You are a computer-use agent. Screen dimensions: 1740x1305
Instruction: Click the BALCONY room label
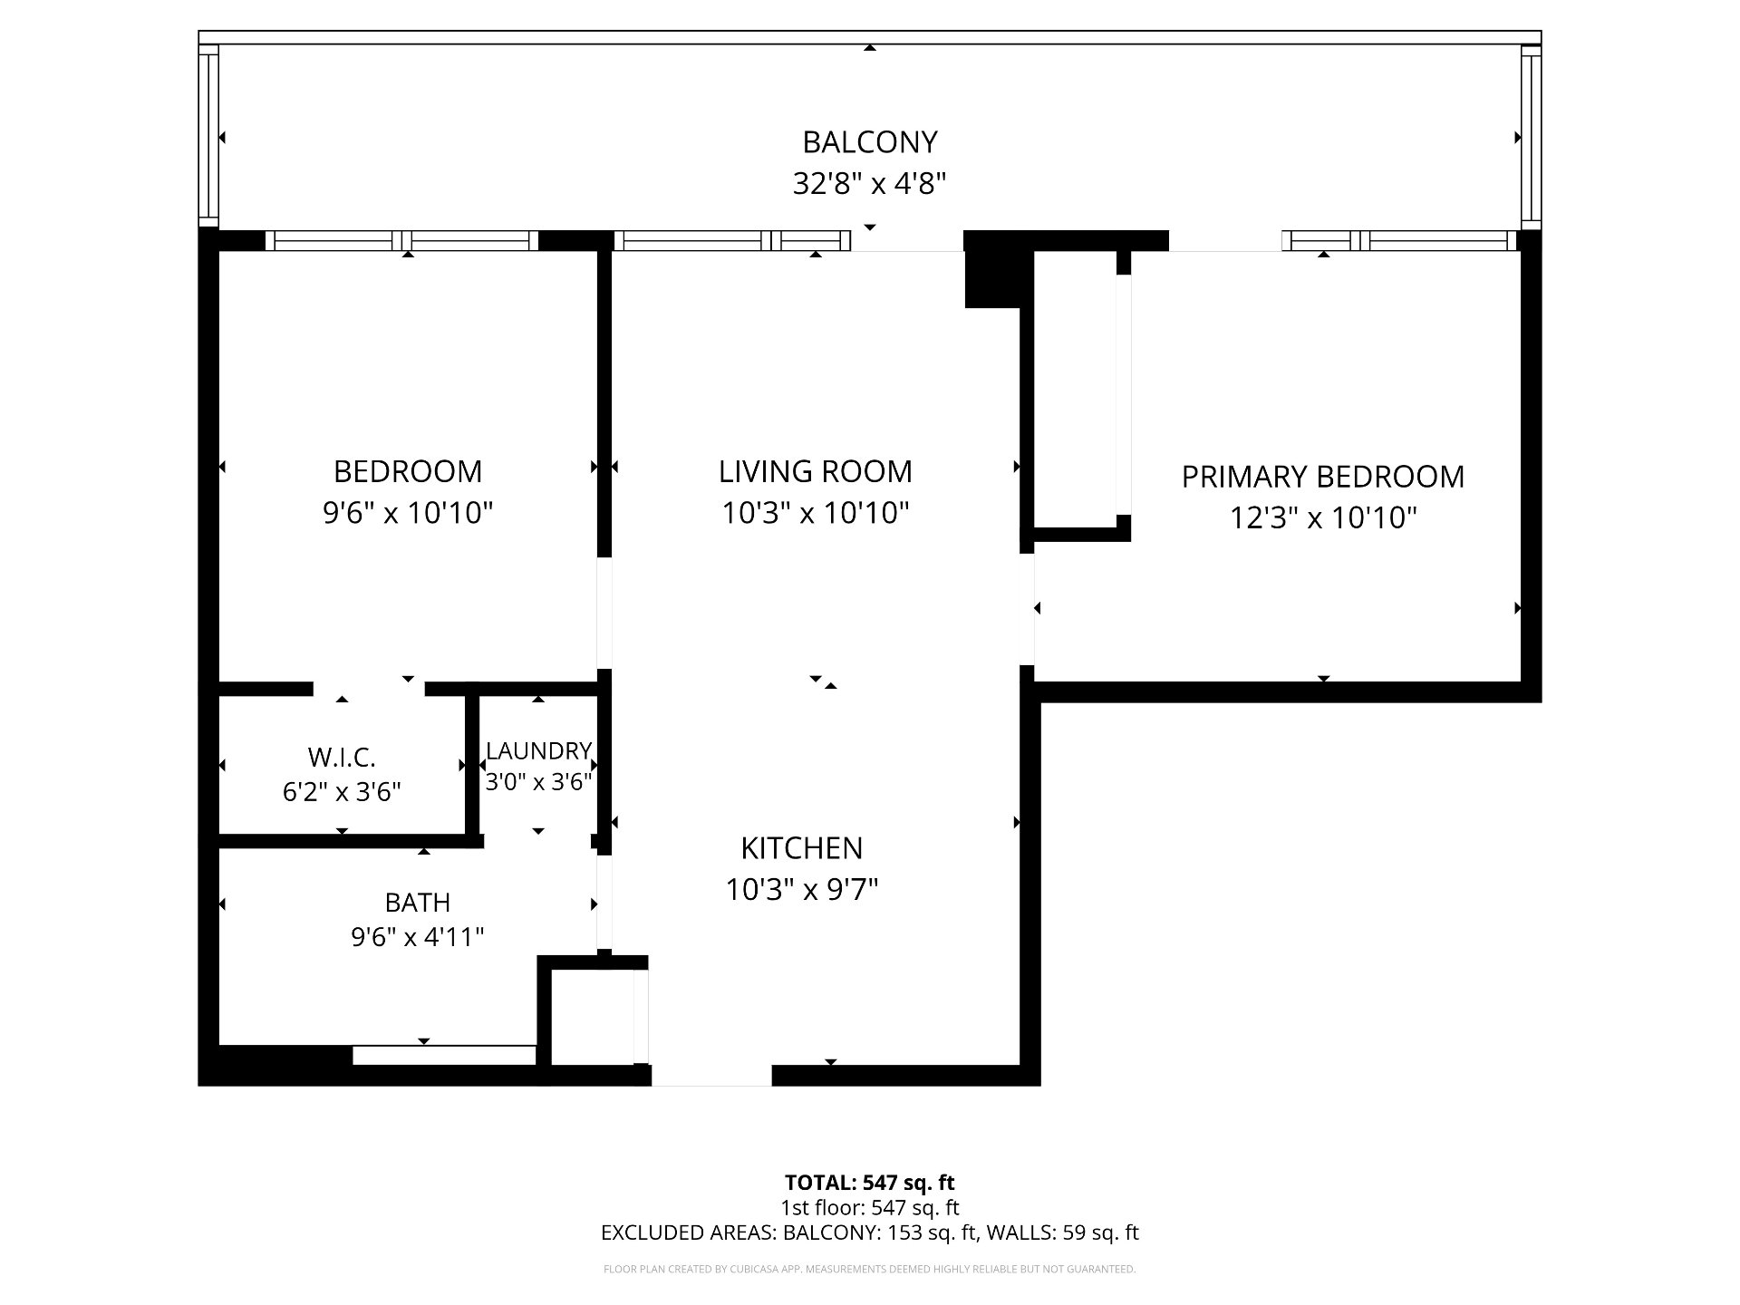click(869, 142)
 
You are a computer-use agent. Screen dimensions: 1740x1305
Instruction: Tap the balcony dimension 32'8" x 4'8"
click(869, 184)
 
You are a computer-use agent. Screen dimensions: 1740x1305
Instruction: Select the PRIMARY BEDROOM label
click(1323, 477)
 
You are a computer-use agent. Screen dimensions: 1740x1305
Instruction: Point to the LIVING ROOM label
click(816, 471)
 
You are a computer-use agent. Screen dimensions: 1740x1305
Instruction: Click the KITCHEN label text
click(802, 848)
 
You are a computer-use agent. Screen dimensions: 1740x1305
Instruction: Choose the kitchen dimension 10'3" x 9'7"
click(802, 890)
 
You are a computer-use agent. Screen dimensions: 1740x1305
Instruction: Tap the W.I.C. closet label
click(342, 757)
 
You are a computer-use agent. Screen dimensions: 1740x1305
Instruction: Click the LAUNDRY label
click(539, 750)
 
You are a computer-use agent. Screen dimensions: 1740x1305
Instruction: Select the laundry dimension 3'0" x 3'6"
click(539, 781)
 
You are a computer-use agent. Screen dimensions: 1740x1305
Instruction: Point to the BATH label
click(418, 903)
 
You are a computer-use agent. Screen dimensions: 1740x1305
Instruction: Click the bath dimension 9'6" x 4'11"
click(418, 936)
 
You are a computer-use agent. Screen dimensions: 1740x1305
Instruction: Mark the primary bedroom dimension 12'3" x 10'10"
click(1323, 518)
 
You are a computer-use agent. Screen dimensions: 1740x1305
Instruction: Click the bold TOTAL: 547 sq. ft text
click(869, 1183)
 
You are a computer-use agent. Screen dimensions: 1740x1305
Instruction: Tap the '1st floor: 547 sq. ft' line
click(869, 1207)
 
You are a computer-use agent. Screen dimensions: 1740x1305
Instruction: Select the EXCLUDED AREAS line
click(869, 1232)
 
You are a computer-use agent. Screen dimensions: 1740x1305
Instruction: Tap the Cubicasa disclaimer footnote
click(869, 1270)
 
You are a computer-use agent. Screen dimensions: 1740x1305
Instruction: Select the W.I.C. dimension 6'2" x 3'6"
click(342, 792)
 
